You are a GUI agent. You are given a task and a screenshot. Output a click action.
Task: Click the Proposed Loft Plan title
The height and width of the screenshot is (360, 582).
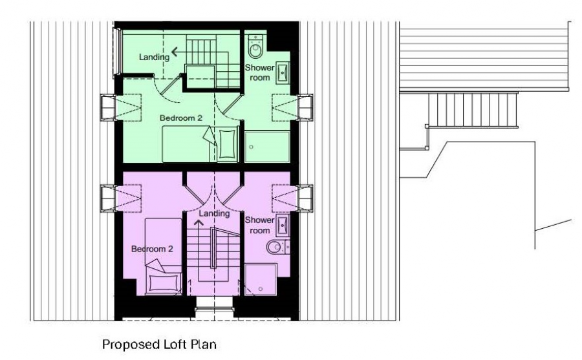[x=159, y=344]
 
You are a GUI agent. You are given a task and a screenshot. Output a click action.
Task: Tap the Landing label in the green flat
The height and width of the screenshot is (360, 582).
[x=154, y=57]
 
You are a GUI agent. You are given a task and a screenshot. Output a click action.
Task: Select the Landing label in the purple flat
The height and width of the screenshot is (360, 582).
[x=214, y=213]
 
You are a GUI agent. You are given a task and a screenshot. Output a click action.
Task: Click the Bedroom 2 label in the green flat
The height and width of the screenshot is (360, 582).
[x=181, y=118]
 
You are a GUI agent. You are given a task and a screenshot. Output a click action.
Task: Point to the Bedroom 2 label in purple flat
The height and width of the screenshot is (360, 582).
[x=152, y=249]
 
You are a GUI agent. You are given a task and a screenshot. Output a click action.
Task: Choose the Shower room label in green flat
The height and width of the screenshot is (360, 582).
[x=259, y=72]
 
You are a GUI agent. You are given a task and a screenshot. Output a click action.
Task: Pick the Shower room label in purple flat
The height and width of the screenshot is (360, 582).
[x=259, y=225]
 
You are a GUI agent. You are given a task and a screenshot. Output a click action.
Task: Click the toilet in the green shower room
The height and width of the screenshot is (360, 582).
[x=255, y=46]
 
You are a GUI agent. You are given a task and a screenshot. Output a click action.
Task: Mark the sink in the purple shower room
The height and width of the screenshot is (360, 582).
[x=283, y=225]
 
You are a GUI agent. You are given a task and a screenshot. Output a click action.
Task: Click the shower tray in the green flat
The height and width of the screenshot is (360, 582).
[x=267, y=146]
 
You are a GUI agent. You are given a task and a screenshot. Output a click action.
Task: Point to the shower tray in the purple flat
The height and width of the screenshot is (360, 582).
[x=261, y=279]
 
